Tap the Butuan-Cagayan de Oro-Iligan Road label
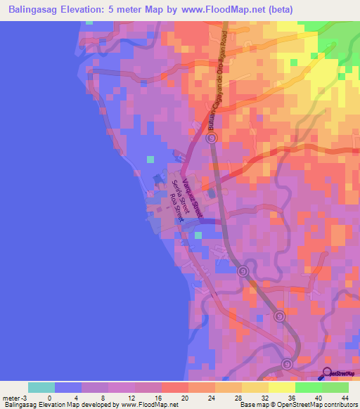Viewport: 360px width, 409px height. point(217,77)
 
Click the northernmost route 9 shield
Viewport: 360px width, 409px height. point(211,138)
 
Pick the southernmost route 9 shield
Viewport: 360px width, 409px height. point(287,364)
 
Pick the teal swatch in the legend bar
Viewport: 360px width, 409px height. point(41,387)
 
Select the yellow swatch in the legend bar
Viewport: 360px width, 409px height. point(281,387)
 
